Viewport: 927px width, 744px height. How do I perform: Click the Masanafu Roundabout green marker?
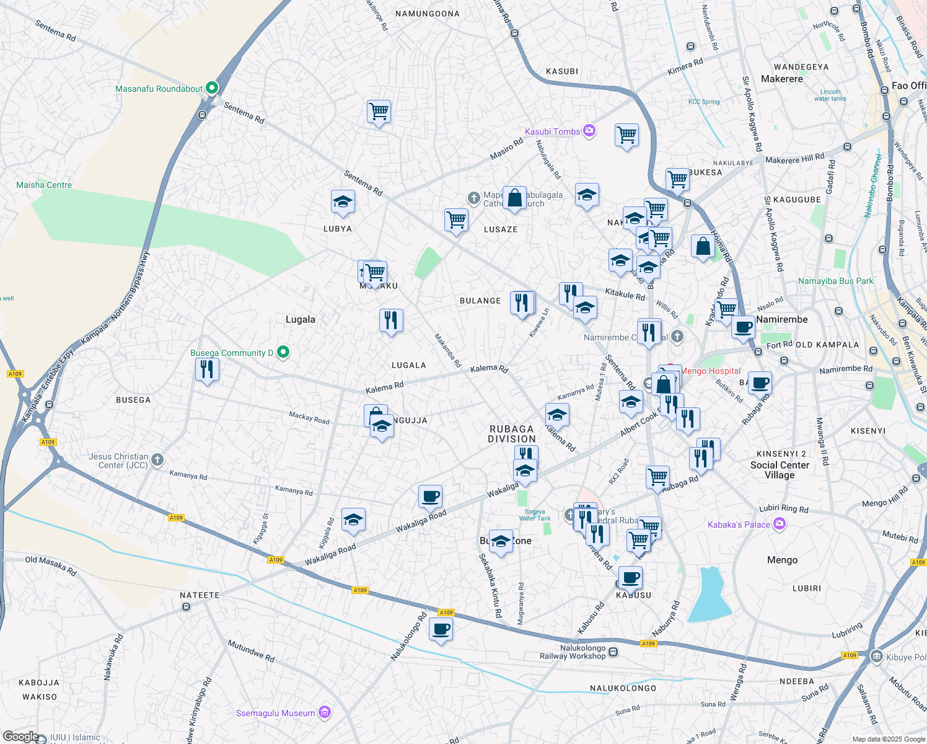click(211, 88)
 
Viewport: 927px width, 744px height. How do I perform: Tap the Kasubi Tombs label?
click(552, 131)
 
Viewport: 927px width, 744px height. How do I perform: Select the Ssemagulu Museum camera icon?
click(324, 713)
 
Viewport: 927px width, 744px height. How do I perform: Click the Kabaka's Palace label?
click(739, 525)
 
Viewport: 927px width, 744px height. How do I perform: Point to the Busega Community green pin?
click(283, 352)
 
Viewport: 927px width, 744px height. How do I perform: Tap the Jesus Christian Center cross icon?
click(157, 459)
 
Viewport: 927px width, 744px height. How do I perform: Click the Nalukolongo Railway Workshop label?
click(573, 652)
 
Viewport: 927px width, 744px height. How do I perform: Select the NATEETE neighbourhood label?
click(200, 595)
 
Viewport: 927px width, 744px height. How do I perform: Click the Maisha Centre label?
click(44, 185)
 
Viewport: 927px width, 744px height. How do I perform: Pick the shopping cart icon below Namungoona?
click(379, 112)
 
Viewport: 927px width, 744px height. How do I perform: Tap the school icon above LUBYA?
click(343, 201)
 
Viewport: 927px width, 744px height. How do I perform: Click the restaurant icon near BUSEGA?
click(207, 370)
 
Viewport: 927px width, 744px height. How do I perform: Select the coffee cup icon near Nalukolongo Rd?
click(441, 630)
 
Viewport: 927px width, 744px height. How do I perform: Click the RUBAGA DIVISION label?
click(511, 433)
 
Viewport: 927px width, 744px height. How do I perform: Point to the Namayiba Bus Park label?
click(835, 281)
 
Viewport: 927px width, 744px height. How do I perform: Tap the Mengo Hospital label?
click(711, 371)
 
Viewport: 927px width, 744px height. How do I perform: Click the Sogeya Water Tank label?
click(535, 515)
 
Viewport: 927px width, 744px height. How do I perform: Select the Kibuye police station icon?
click(876, 657)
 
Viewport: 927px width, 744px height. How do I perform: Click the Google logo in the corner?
click(20, 736)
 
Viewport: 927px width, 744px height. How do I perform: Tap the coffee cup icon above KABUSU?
click(630, 578)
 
